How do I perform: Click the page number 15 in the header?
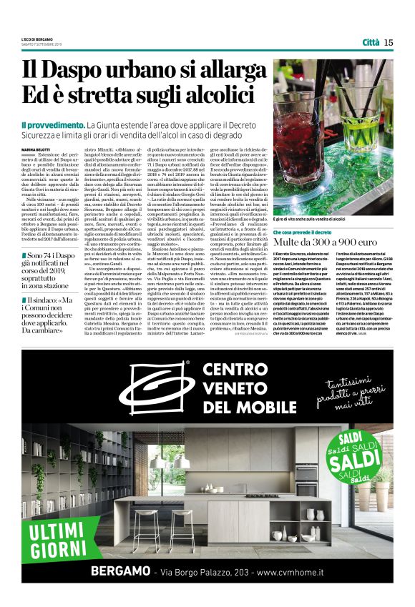click(389, 42)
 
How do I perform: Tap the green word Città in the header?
click(371, 42)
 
